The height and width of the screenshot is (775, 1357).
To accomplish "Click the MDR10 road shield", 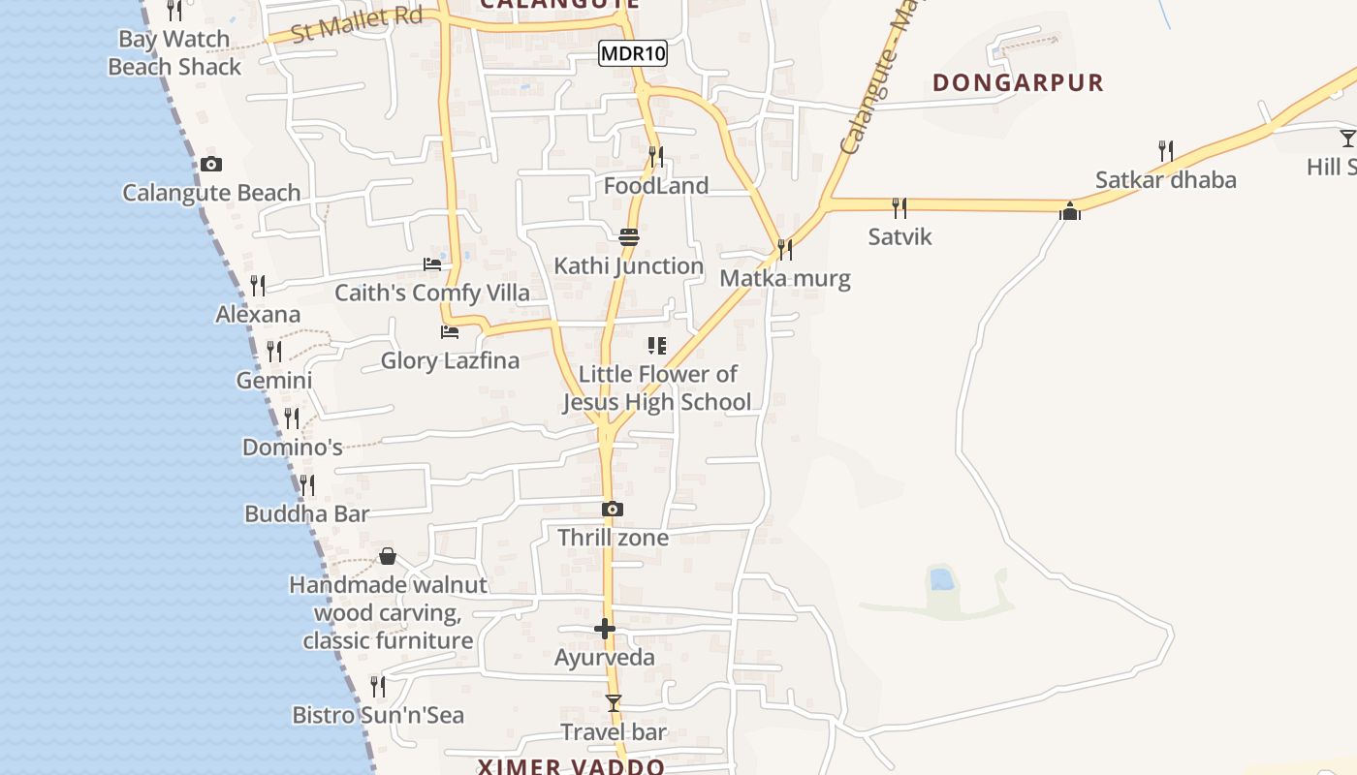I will (x=633, y=53).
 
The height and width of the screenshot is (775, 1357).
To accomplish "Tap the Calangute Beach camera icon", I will (x=211, y=165).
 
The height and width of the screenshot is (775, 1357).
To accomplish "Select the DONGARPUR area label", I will (x=1018, y=82).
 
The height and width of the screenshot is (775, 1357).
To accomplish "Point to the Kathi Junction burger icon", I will (x=628, y=237).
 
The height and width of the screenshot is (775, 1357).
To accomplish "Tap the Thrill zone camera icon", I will (x=612, y=510).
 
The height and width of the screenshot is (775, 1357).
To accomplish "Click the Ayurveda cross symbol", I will (x=604, y=630).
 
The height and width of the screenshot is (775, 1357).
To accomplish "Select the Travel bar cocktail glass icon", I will (x=613, y=703).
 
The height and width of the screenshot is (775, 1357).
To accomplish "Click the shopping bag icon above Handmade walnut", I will (x=388, y=556).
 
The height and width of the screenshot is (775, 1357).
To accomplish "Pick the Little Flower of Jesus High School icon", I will (x=657, y=346).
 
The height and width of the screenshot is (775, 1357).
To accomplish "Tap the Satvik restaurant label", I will (x=899, y=236).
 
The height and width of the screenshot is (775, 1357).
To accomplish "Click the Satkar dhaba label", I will (x=1165, y=179).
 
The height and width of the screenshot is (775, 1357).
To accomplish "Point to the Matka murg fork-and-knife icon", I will (x=784, y=250).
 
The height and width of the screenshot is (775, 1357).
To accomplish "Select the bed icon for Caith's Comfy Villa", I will (x=432, y=264).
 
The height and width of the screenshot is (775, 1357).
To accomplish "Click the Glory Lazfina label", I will (x=450, y=360).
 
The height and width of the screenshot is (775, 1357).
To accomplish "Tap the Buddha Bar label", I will (x=306, y=513).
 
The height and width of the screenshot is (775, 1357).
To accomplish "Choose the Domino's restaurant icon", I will (x=291, y=418).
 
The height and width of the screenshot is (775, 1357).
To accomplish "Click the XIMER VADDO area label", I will (x=571, y=766).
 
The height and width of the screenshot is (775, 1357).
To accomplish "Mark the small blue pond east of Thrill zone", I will (x=940, y=579).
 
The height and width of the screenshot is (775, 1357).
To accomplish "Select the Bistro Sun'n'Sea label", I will (x=378, y=715).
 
